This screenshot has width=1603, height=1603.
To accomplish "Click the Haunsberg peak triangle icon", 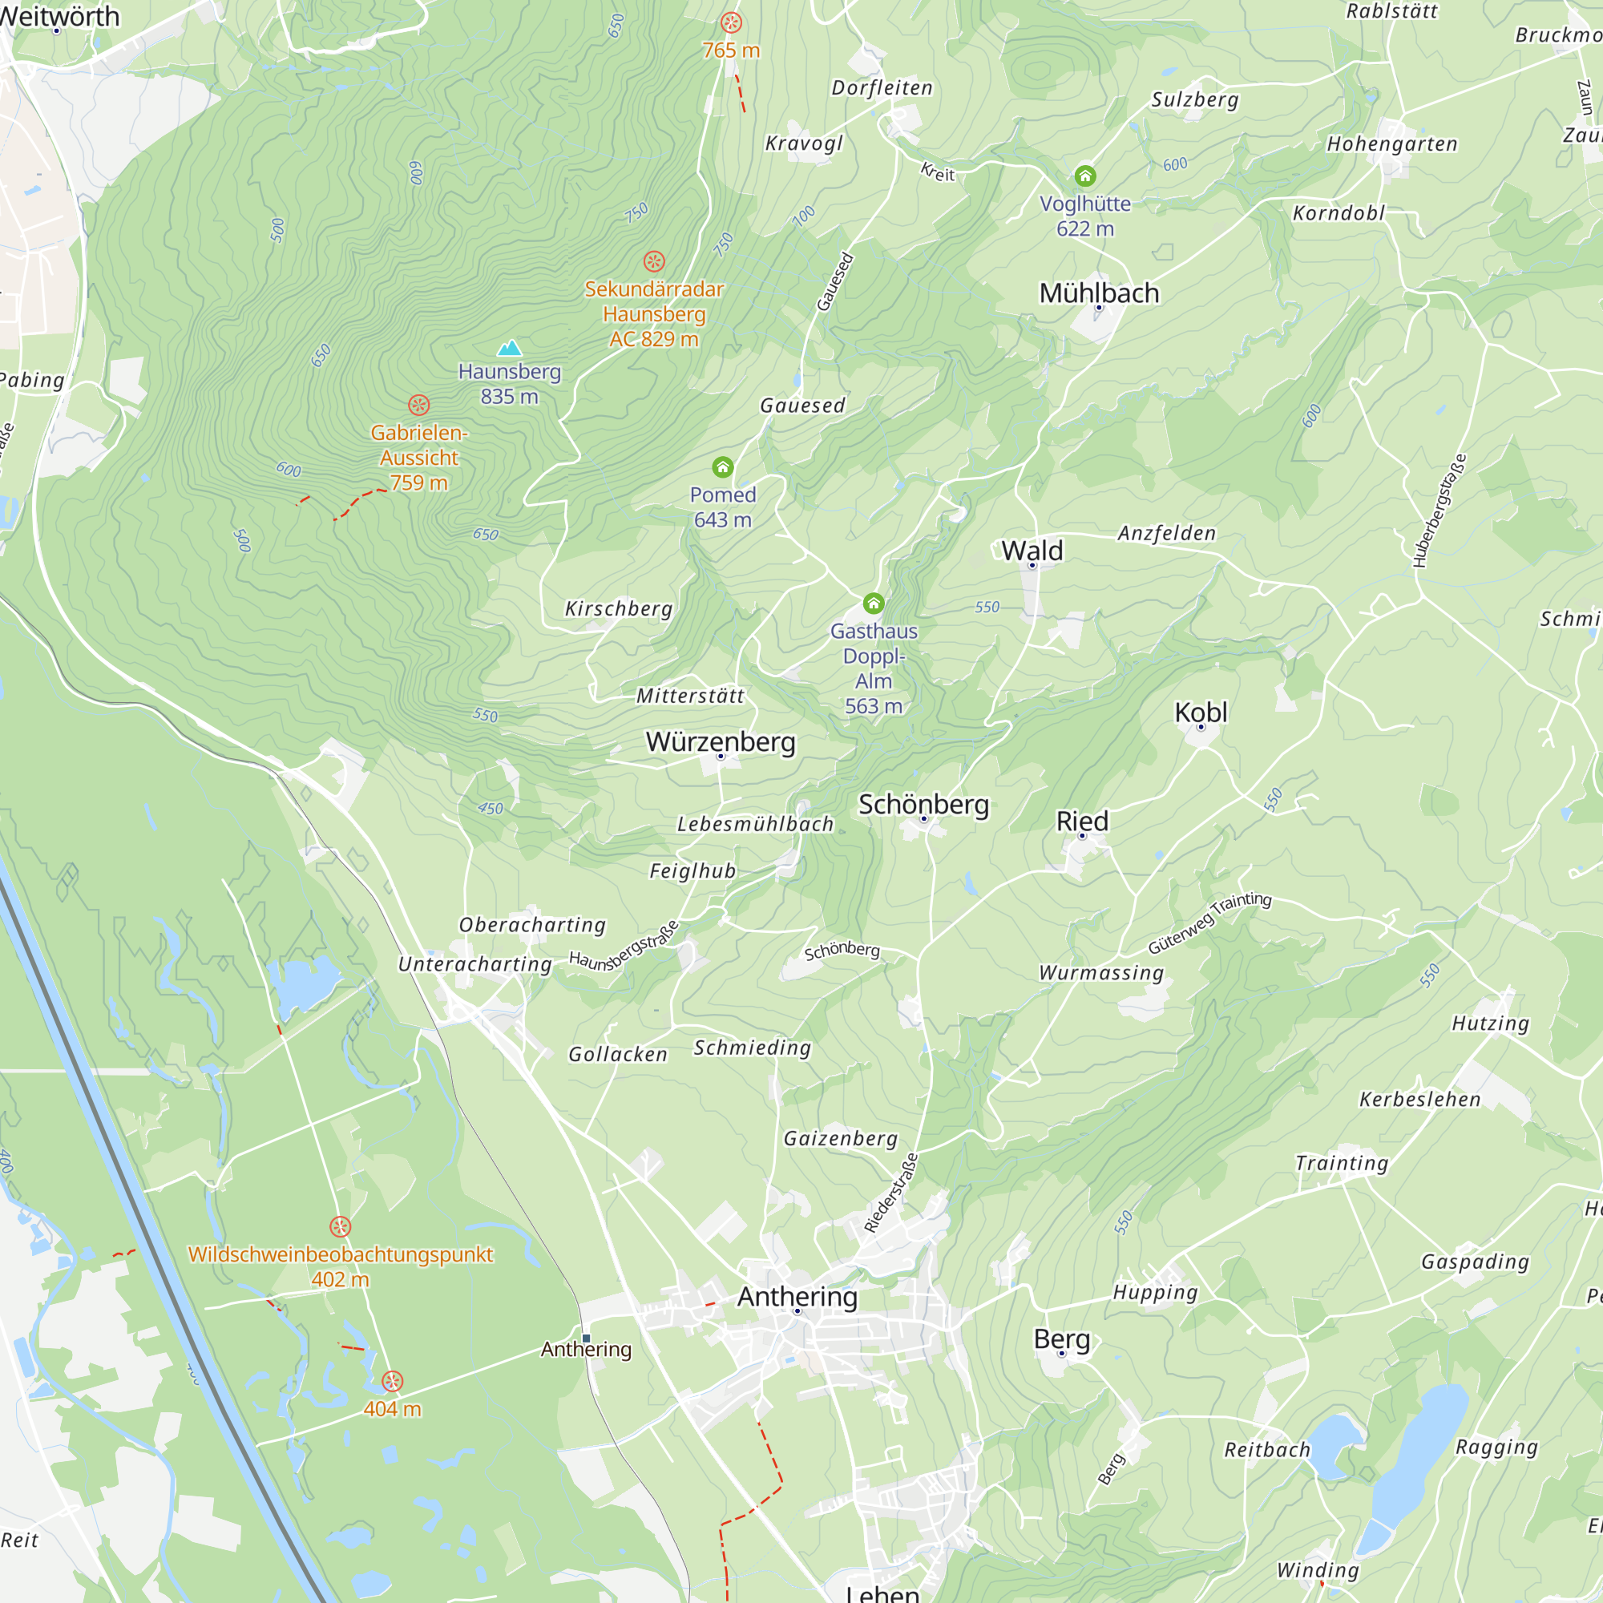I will coord(510,348).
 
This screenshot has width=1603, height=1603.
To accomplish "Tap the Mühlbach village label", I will coord(1099,293).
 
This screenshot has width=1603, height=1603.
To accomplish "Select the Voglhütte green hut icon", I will coord(1085,176).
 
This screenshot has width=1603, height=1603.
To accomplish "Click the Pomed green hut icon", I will coord(723,467).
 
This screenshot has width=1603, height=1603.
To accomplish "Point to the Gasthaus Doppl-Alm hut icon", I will coord(874,604).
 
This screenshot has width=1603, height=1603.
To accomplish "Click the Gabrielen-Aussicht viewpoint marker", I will coord(419,405).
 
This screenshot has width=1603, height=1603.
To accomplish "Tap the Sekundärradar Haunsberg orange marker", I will coord(654,261).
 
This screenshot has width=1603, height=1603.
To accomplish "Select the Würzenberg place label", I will coord(721,741).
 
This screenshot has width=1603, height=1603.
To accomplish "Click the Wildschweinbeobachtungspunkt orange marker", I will coord(340,1226).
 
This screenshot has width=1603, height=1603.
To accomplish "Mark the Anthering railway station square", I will coord(587,1339).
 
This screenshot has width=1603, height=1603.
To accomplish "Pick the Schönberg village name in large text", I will coord(923,804).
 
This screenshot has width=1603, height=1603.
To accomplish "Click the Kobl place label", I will coord(1201,712).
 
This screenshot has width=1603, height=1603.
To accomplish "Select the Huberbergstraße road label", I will coord(1440,511).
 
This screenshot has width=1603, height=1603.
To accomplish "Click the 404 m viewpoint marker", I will coord(393,1381).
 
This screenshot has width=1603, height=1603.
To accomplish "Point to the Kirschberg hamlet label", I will coord(618,608).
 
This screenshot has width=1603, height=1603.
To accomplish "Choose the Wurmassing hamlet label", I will coord(1101,971).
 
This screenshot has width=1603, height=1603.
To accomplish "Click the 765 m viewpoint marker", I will coord(731,22).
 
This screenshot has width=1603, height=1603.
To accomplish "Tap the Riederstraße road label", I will coord(891,1193).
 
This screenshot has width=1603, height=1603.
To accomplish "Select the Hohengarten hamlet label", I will coord(1391,143).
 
